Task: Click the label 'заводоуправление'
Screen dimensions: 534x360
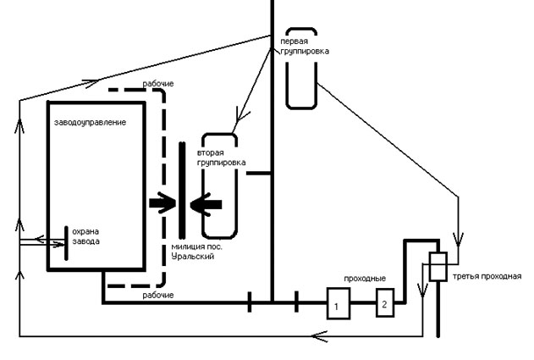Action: click(x=90, y=122)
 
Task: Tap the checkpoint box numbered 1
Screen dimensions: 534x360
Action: click(x=339, y=303)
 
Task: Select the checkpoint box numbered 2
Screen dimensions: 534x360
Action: click(x=385, y=302)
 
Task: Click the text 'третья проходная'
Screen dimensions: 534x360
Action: click(x=487, y=276)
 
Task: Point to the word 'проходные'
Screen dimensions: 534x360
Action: click(x=365, y=279)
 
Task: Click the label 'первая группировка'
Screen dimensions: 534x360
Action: click(x=305, y=47)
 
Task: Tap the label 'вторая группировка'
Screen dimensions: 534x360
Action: click(x=222, y=158)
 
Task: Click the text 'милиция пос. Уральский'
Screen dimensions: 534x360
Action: click(x=197, y=252)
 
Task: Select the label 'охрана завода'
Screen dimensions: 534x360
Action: click(x=85, y=236)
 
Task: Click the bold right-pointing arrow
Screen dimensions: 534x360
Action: click(x=162, y=203)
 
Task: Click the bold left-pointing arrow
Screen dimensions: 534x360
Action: click(x=206, y=204)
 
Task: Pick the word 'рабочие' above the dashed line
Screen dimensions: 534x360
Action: click(x=158, y=84)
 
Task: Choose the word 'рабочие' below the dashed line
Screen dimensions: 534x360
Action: click(x=158, y=295)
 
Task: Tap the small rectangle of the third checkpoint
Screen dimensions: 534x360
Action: click(x=438, y=267)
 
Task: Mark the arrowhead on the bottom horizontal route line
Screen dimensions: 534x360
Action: click(x=319, y=336)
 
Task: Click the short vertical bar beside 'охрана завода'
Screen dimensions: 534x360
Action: click(x=66, y=243)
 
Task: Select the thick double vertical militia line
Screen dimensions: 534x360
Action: click(x=182, y=191)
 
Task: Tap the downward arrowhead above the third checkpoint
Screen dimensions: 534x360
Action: click(x=458, y=240)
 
